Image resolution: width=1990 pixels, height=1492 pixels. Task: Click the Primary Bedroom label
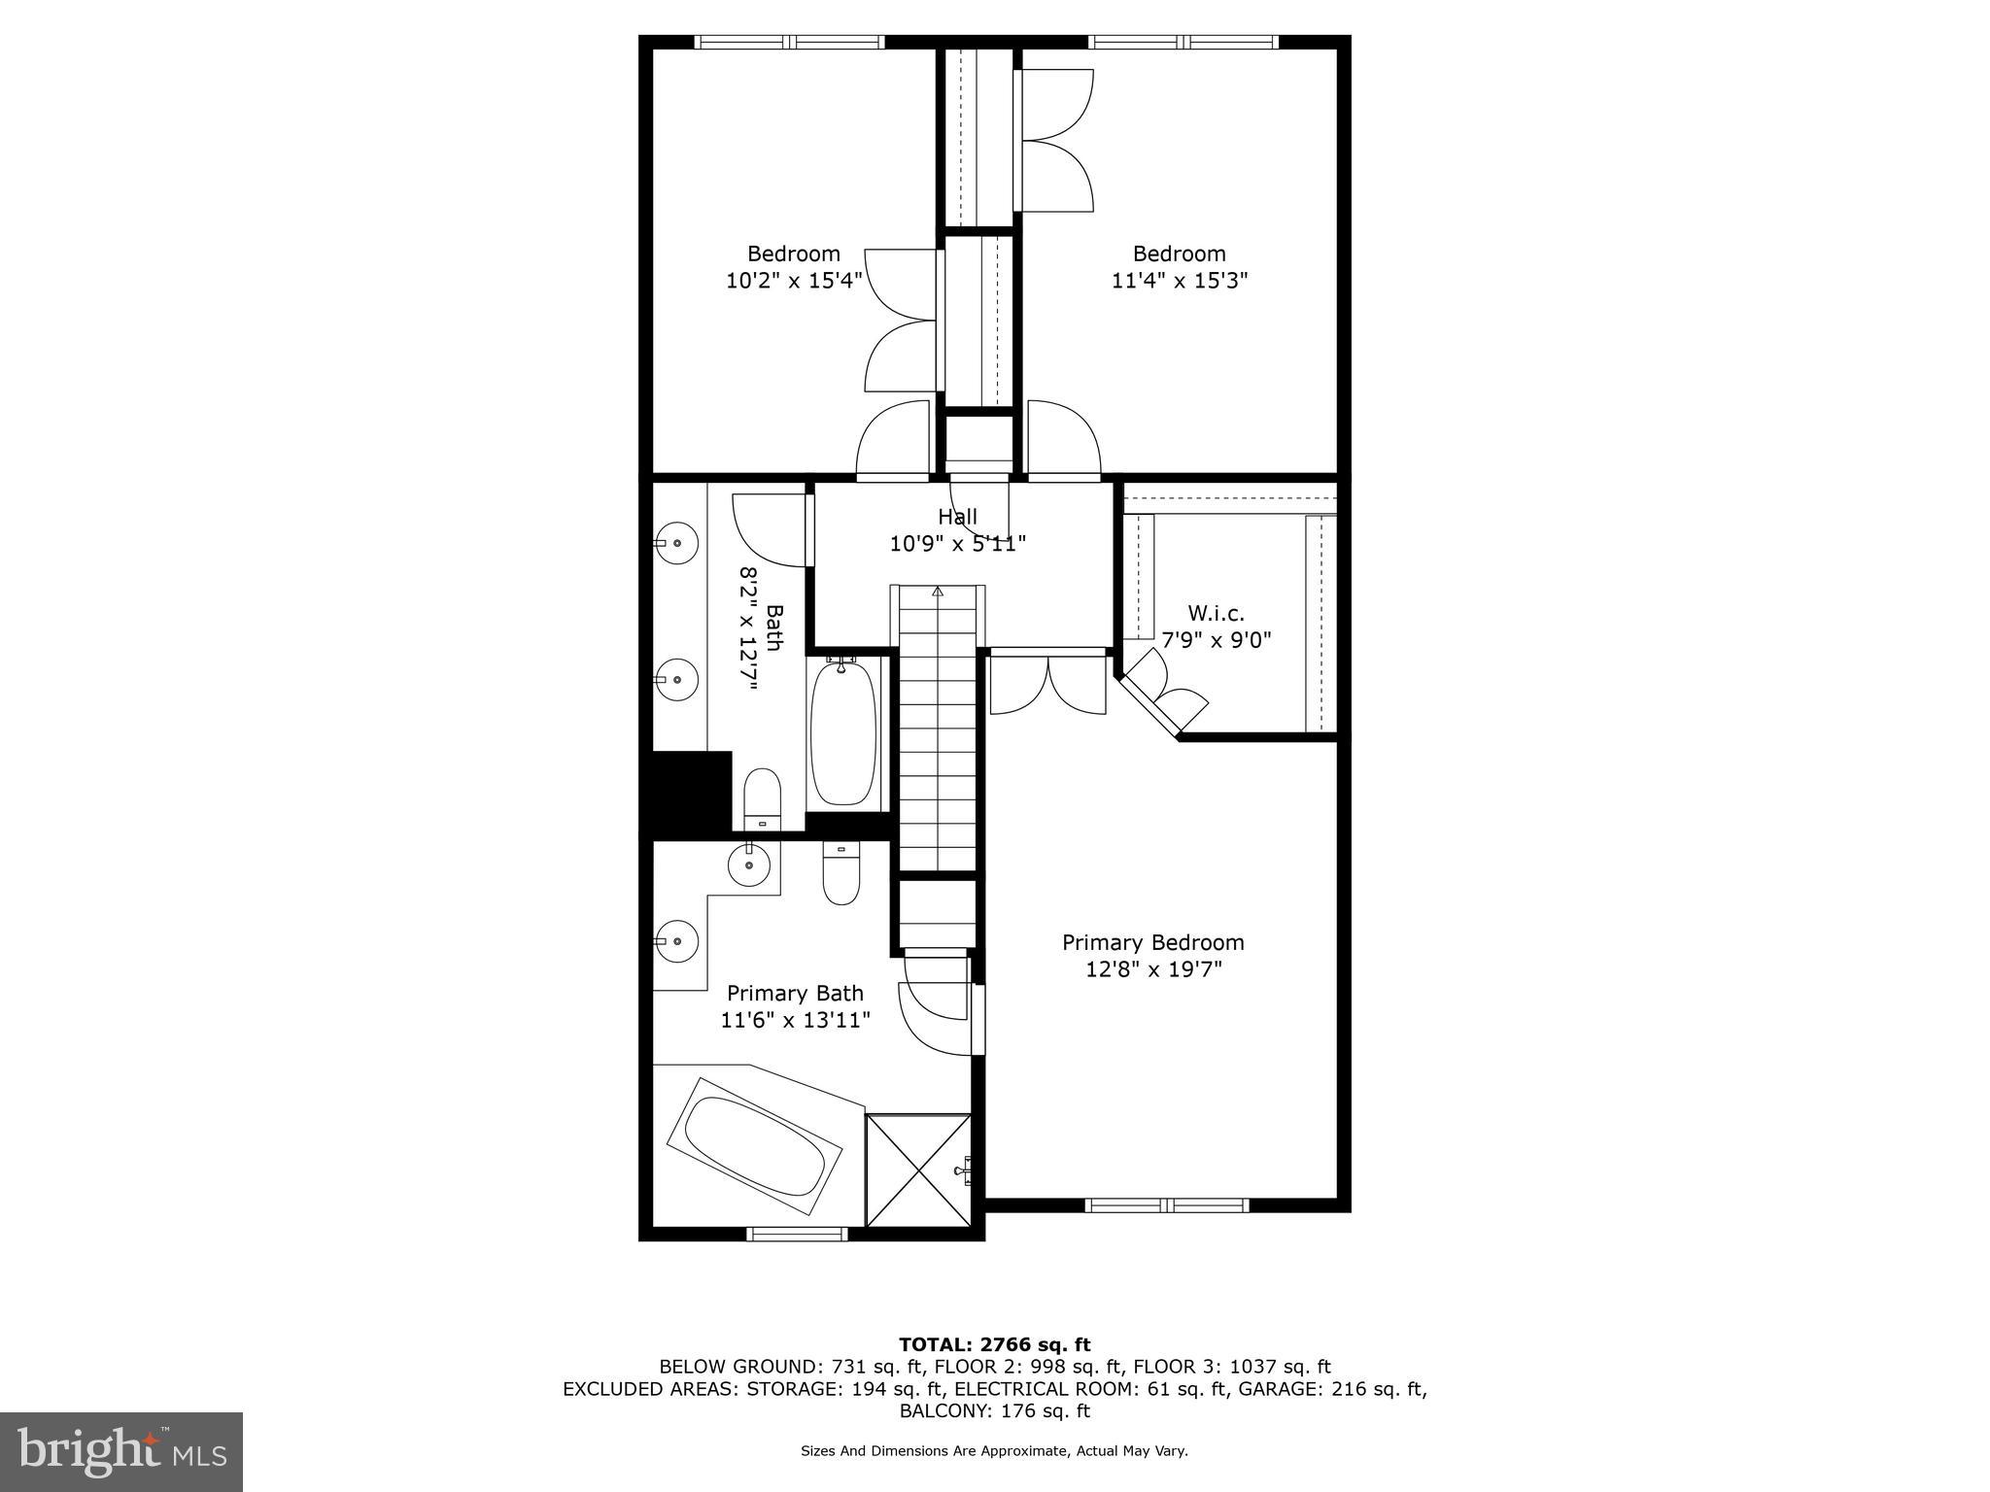(1152, 942)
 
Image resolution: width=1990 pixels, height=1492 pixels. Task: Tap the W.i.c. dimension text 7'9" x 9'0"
(1217, 640)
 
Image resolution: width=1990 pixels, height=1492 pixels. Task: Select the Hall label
(957, 517)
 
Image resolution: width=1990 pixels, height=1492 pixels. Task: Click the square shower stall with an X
(918, 1170)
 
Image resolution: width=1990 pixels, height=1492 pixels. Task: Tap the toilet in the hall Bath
(762, 798)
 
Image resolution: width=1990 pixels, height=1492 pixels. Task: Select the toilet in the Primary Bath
(841, 872)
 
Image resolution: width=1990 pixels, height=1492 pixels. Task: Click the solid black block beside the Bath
(691, 792)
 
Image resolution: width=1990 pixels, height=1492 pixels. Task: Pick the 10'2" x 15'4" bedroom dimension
(794, 281)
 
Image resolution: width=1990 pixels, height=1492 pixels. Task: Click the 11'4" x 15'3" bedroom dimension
(1180, 281)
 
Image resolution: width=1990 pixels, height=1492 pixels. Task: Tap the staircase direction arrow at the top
(938, 591)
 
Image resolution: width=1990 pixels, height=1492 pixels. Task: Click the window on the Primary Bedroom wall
(1166, 1205)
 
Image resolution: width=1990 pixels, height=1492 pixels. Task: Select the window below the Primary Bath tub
(797, 1234)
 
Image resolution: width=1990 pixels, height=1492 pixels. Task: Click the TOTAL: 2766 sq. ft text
(994, 1344)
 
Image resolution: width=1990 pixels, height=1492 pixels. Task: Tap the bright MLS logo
(121, 1451)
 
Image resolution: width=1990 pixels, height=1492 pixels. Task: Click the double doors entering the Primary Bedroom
(1047, 684)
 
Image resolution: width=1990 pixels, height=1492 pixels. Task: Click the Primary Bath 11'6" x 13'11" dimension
(795, 1020)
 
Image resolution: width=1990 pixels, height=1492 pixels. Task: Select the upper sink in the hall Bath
(677, 543)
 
